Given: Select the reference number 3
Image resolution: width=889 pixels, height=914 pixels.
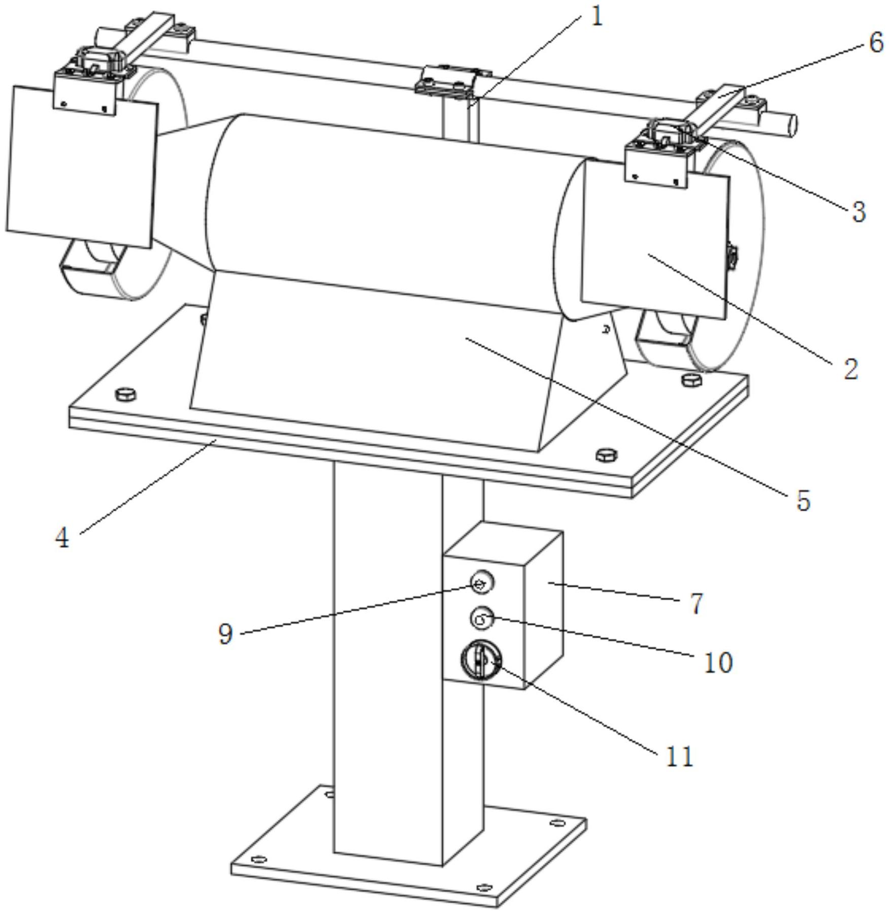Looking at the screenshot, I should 859,212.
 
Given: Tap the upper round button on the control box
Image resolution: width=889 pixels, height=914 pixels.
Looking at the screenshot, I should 482,582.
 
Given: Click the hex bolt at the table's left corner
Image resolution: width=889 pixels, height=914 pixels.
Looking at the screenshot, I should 125,394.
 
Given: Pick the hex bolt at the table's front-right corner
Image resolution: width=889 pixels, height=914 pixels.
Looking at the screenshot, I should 606,454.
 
